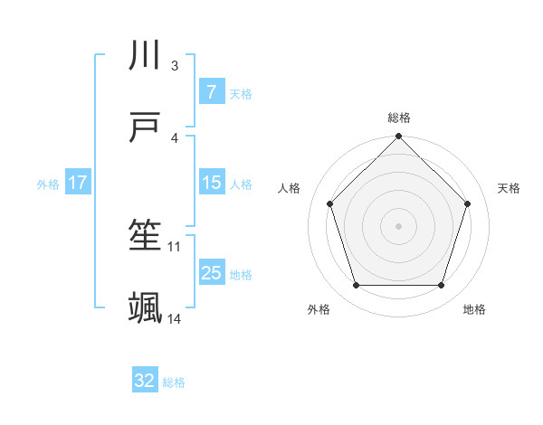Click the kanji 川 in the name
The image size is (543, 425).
146,57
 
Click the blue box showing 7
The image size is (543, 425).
211,92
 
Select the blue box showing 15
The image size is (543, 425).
211,183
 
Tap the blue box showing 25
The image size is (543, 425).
211,273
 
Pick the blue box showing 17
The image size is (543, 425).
78,183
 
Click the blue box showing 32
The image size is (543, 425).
145,381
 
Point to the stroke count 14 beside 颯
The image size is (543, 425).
175,318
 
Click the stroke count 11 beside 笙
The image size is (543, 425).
175,246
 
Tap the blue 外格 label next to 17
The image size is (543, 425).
48,184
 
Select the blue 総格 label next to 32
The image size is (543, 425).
174,382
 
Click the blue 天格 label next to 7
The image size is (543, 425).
241,93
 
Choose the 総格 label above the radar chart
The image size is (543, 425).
399,118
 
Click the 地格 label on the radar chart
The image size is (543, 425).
474,309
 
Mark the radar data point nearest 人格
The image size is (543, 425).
330,203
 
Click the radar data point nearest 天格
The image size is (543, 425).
467,203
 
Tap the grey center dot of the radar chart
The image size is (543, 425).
399,225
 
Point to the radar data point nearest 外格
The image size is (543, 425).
356,285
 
